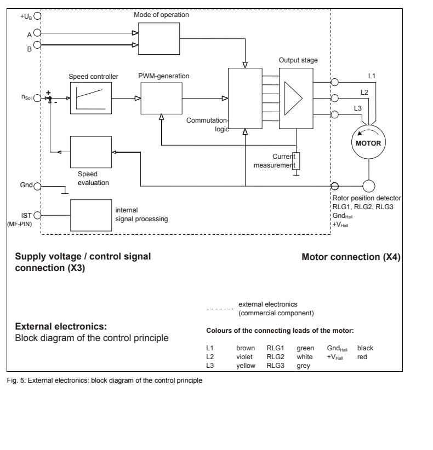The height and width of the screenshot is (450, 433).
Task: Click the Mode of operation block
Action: click(159, 39)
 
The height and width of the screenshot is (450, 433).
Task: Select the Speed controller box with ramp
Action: click(90, 98)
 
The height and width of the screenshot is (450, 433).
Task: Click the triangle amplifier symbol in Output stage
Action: click(294, 99)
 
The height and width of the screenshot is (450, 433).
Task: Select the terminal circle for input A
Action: click(37, 33)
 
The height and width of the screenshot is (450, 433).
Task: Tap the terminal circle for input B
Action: click(37, 45)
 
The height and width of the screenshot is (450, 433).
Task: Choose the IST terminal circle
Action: click(37, 215)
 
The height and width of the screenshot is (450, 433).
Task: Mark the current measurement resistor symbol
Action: click(297, 160)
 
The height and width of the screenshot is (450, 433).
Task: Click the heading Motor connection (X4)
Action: click(351, 256)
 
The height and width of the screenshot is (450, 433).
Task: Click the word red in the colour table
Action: click(362, 356)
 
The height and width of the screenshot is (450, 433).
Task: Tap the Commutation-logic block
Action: click(244, 98)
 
